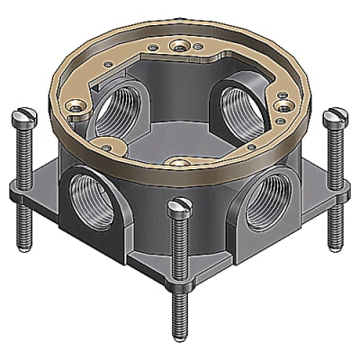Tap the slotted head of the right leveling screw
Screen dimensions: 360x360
337,115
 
